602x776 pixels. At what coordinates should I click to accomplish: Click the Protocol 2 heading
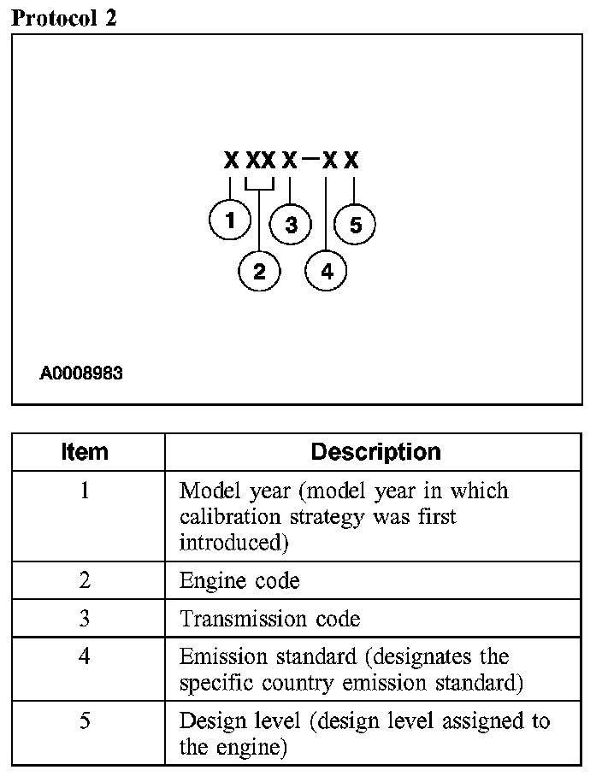63,18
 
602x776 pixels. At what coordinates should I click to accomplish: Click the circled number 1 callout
229,220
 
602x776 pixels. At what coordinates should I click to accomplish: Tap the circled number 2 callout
259,271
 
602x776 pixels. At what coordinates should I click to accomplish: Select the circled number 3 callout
291,225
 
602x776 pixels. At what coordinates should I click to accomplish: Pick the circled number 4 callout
327,271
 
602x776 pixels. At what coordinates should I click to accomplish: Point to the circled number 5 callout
355,225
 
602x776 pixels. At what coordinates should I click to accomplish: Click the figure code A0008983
81,373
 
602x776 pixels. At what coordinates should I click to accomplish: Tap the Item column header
86,452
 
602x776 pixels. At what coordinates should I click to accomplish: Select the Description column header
375,452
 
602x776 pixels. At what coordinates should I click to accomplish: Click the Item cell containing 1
85,492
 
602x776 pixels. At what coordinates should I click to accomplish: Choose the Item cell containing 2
85,581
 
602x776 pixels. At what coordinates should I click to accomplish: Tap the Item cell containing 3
85,619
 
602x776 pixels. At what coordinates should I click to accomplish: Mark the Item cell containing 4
85,657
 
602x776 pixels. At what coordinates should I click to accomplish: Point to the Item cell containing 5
85,721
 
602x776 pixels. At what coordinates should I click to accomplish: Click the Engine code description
239,581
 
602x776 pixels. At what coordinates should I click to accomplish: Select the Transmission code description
270,619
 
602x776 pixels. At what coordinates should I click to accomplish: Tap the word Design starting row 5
204,721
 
